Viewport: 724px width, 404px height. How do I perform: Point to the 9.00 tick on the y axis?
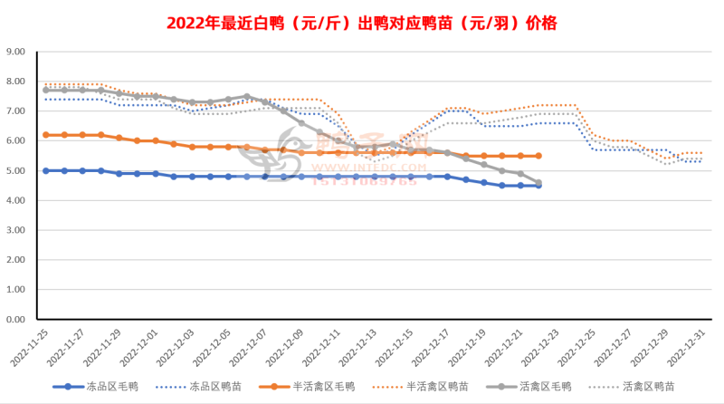click(x=20, y=52)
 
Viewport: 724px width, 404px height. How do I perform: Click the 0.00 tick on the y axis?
click(x=20, y=320)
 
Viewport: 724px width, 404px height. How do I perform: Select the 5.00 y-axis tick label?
click(x=20, y=170)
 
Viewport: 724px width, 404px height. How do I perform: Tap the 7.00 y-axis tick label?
click(x=20, y=111)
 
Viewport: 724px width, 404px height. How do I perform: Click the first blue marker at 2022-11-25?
click(x=46, y=170)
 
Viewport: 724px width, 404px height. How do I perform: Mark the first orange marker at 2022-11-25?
click(x=46, y=135)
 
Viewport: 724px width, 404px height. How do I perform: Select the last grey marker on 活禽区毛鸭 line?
click(x=538, y=183)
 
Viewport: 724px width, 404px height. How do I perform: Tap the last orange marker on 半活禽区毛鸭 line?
click(x=538, y=156)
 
